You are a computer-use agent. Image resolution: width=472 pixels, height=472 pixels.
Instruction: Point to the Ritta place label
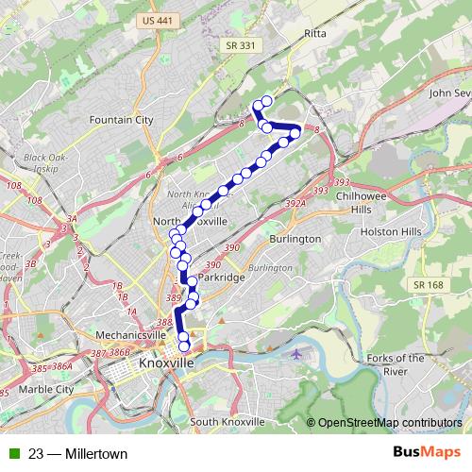point(314,33)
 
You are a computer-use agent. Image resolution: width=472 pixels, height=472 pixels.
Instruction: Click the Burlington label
point(295,240)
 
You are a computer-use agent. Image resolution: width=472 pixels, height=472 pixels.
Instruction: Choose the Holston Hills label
point(386,230)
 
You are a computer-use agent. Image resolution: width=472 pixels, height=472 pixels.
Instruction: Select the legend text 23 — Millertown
point(78,454)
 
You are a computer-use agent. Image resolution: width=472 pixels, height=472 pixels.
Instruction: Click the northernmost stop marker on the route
point(266,101)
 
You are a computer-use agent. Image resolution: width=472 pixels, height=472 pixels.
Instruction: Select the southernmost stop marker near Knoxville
point(183,358)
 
